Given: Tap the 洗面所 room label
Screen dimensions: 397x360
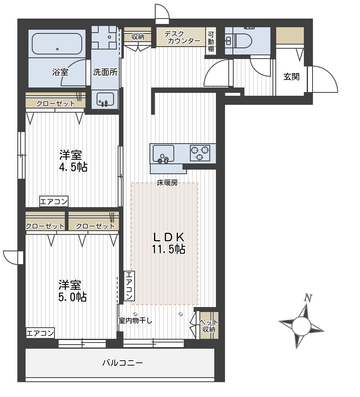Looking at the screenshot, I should point(105,72).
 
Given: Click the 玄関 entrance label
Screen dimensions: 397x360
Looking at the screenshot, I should point(291,76).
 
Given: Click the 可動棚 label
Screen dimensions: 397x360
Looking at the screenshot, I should point(211,42).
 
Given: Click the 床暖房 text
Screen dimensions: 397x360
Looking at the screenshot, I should point(167,183).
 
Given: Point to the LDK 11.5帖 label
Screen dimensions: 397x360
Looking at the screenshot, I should point(168,243).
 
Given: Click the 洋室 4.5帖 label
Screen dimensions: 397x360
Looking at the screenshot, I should point(73,161).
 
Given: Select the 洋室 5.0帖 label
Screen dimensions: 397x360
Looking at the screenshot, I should point(72,291).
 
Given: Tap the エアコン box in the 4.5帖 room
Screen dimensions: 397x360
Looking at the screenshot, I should point(54,202).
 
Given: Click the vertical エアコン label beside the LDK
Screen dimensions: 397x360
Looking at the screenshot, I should point(129,286).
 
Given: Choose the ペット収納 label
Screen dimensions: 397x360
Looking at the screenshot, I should point(207,326).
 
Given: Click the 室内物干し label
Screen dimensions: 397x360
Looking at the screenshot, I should point(135,321).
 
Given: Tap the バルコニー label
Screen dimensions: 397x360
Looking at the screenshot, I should point(122,363).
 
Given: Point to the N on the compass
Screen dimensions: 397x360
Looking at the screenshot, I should point(308,298).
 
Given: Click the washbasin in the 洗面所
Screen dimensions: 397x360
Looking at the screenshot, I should point(105,99).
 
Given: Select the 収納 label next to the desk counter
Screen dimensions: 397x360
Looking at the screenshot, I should point(138,37).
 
